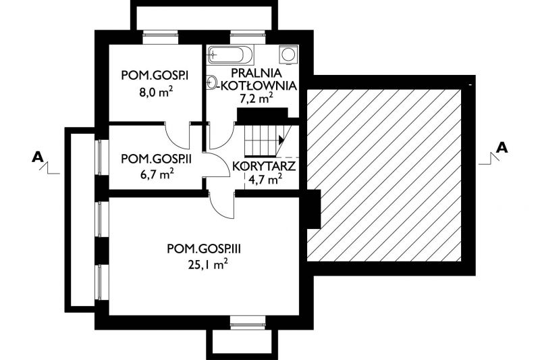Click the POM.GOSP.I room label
point(155,76)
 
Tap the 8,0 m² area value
point(156,93)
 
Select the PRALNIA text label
point(256,73)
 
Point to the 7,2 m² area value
point(256,98)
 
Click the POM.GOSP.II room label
point(157,159)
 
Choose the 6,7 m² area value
point(156,174)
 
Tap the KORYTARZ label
point(264,166)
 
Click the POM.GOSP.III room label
point(204,249)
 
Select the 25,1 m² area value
point(208,264)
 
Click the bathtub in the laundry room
point(230,55)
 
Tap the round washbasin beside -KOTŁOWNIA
point(212,82)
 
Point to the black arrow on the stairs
point(281,140)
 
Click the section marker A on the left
point(38,157)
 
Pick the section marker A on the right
point(502,147)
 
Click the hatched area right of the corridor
point(384,176)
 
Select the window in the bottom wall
point(248,322)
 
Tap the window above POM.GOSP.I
point(161,37)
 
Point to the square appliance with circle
point(288,55)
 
